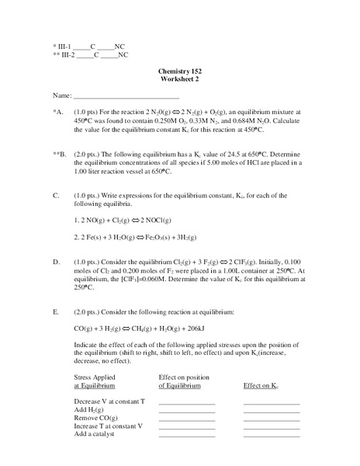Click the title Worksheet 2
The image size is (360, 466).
click(180, 79)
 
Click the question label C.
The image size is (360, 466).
click(57, 195)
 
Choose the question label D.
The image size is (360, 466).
click(57, 263)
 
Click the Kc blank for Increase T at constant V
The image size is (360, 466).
click(271, 427)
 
